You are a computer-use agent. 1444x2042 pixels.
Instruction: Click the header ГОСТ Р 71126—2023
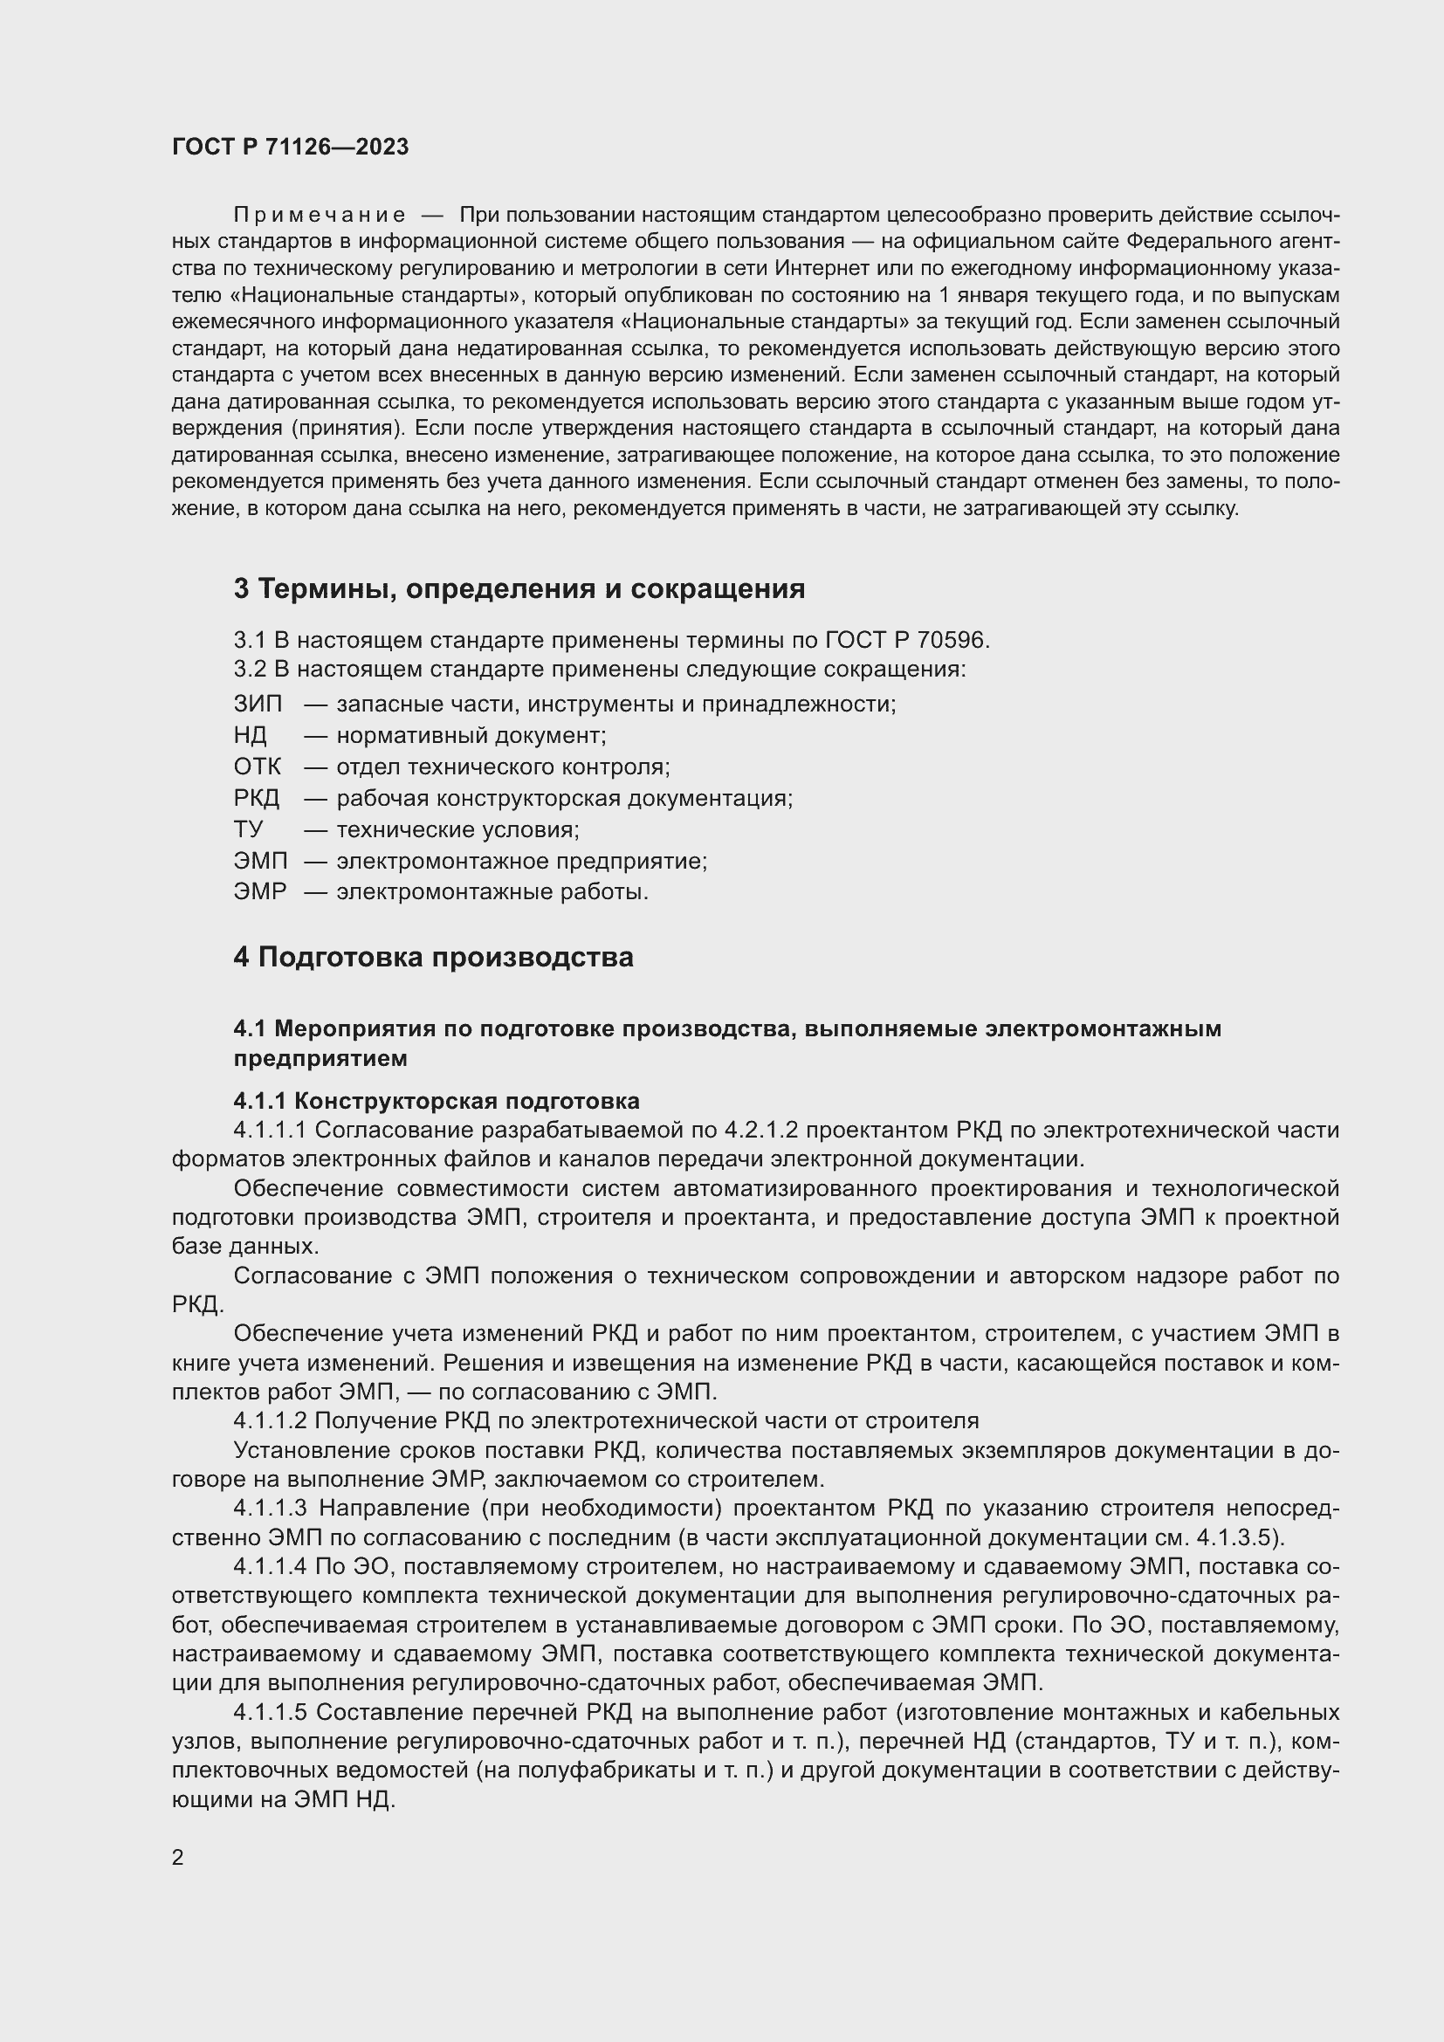tap(290, 147)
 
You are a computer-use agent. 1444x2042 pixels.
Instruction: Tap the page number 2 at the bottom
tap(178, 1857)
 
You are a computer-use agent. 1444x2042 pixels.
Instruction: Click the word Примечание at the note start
tap(320, 216)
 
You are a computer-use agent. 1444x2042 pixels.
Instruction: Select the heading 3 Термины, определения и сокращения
tap(519, 588)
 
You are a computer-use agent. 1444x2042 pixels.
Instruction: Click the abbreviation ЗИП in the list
tap(257, 705)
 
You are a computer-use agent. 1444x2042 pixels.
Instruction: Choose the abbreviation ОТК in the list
tap(257, 767)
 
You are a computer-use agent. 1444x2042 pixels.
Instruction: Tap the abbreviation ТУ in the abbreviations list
tap(248, 829)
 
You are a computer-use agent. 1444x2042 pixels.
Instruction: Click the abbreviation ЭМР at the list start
tap(259, 891)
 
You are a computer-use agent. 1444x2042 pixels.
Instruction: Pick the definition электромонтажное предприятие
tap(521, 861)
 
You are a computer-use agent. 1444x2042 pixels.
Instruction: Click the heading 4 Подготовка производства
tap(433, 958)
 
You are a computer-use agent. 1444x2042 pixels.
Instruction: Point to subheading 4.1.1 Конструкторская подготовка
tap(436, 1101)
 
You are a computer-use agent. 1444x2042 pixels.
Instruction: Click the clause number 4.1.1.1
tap(270, 1131)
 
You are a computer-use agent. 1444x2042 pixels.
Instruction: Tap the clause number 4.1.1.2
tap(270, 1421)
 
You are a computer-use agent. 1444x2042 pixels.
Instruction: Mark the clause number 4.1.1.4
tap(270, 1566)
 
